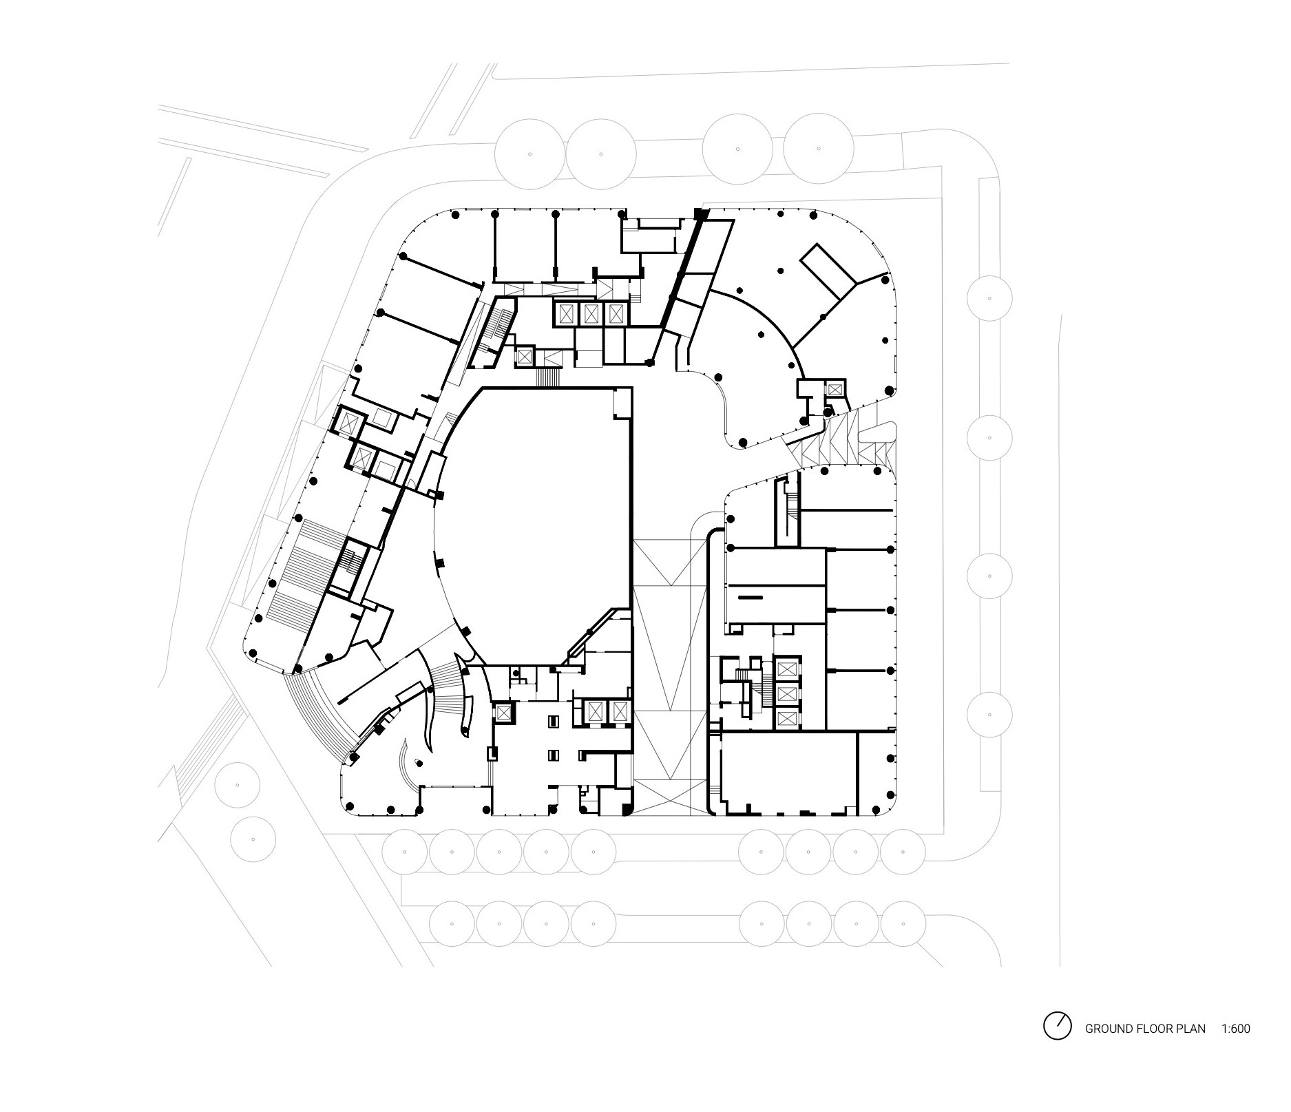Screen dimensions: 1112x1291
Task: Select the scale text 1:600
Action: pyautogui.click(x=1236, y=1029)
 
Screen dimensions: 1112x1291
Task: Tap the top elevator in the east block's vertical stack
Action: pyautogui.click(x=786, y=669)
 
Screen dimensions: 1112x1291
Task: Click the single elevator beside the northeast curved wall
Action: pyautogui.click(x=835, y=389)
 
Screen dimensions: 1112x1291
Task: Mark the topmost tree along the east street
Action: pyautogui.click(x=989, y=298)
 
